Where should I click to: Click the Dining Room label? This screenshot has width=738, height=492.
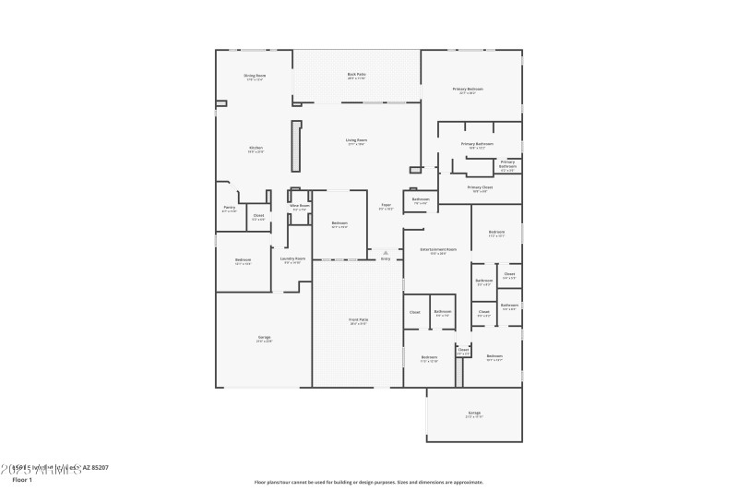pyautogui.click(x=255, y=76)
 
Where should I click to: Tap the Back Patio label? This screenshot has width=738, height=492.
pyautogui.click(x=356, y=74)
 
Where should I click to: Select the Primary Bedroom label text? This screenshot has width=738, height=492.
pyautogui.click(x=468, y=89)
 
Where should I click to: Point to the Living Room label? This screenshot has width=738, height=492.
pyautogui.click(x=356, y=140)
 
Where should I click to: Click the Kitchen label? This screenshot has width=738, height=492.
pyautogui.click(x=256, y=148)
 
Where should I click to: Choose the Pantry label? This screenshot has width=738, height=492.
pyautogui.click(x=229, y=209)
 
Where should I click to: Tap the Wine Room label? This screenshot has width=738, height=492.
pyautogui.click(x=299, y=206)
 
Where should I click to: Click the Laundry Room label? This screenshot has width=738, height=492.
pyautogui.click(x=292, y=258)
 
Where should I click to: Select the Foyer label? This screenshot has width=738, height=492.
pyautogui.click(x=386, y=205)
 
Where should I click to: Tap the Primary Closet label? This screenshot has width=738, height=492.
pyautogui.click(x=480, y=187)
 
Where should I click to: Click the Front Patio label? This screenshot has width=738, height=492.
pyautogui.click(x=358, y=320)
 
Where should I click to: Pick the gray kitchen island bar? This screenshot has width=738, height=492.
pyautogui.click(x=296, y=146)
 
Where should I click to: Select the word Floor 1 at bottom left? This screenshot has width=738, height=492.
pyautogui.click(x=21, y=480)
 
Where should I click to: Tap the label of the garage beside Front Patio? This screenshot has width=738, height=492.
pyautogui.click(x=263, y=339)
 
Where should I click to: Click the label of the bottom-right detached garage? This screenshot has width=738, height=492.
pyautogui.click(x=474, y=413)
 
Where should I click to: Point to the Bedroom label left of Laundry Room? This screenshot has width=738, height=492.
pyautogui.click(x=243, y=260)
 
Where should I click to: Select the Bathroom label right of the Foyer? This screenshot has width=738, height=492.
pyautogui.click(x=421, y=199)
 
